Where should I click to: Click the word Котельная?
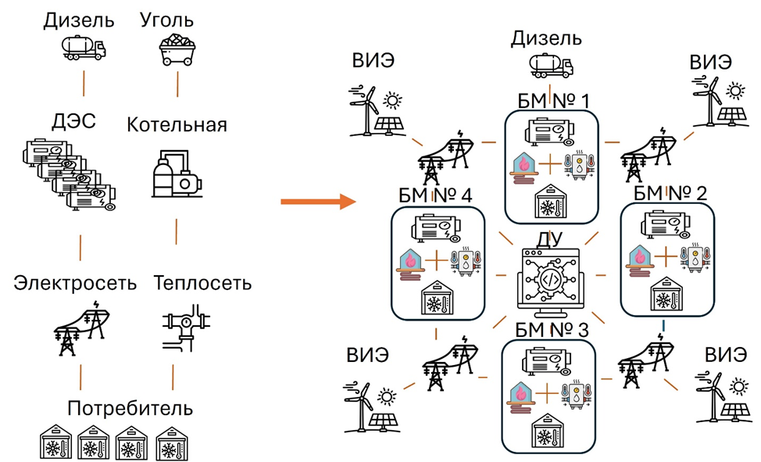click(177, 126)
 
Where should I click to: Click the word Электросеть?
click(75, 283)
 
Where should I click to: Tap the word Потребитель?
click(130, 408)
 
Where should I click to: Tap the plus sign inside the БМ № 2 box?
click(663, 257)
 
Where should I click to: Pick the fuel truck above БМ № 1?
click(550, 66)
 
